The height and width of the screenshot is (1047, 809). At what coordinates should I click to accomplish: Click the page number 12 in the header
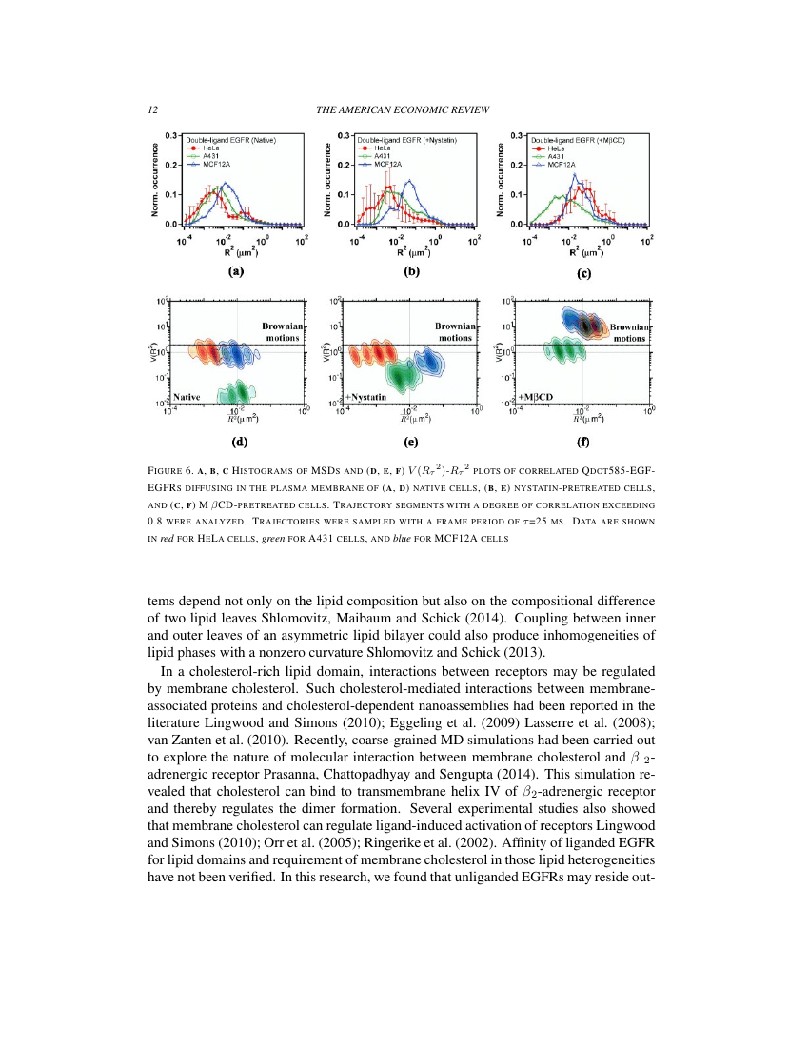[152, 110]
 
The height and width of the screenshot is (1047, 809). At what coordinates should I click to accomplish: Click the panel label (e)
[411, 441]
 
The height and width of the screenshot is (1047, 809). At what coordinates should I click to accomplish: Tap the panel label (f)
[583, 441]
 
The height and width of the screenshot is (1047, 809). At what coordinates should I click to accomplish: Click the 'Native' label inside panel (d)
[187, 396]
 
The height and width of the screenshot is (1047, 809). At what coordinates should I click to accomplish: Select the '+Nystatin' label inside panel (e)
[365, 396]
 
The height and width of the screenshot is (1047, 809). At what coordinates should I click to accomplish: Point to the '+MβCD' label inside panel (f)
[537, 396]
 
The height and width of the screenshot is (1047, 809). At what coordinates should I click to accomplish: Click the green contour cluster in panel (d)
[233, 390]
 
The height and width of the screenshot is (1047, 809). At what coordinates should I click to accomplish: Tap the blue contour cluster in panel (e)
[428, 362]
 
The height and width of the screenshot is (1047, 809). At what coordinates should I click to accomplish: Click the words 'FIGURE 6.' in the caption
[173, 471]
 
